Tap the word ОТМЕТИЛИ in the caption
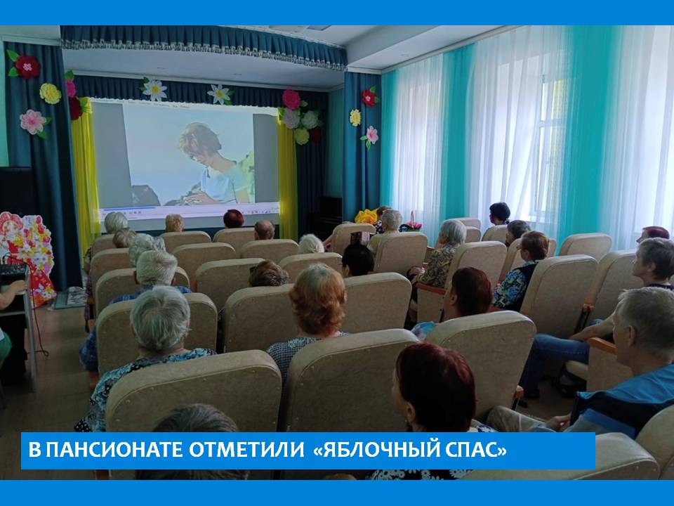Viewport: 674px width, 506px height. [x=246, y=450]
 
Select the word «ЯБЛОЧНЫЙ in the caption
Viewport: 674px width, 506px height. [x=375, y=450]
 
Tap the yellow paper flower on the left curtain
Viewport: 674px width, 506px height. [x=51, y=93]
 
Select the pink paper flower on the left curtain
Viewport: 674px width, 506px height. [x=34, y=122]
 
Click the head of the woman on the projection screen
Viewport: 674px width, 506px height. [x=200, y=142]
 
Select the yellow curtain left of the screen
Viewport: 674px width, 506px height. [x=85, y=172]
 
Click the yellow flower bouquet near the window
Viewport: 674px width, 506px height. [x=366, y=216]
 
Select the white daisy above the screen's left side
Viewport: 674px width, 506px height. [x=154, y=89]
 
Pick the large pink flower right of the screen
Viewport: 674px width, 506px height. [x=291, y=99]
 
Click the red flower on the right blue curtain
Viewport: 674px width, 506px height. [x=369, y=97]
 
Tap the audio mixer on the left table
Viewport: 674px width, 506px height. [x=13, y=272]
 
